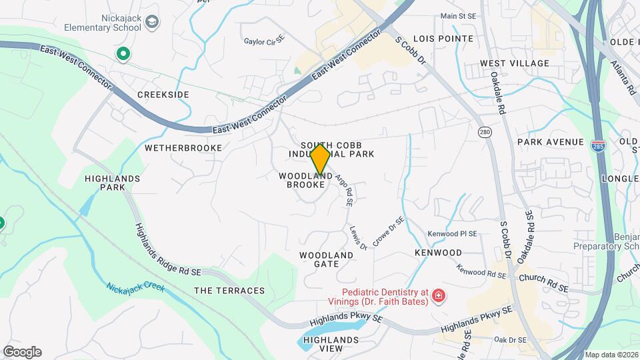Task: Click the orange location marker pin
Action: pyautogui.click(x=320, y=159)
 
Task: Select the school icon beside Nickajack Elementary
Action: pyautogui.click(x=153, y=23)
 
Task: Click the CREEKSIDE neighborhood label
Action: pyautogui.click(x=163, y=95)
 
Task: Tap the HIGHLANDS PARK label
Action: pyautogui.click(x=113, y=183)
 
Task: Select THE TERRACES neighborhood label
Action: pyautogui.click(x=229, y=291)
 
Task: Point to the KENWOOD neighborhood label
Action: pyautogui.click(x=438, y=253)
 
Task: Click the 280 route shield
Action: pyautogui.click(x=485, y=133)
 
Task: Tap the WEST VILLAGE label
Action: pyautogui.click(x=515, y=63)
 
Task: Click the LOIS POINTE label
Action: pyautogui.click(x=443, y=39)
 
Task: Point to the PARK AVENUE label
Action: pyautogui.click(x=550, y=142)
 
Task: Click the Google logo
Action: pyautogui.click(x=22, y=351)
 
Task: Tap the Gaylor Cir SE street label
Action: pyautogui.click(x=265, y=41)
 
